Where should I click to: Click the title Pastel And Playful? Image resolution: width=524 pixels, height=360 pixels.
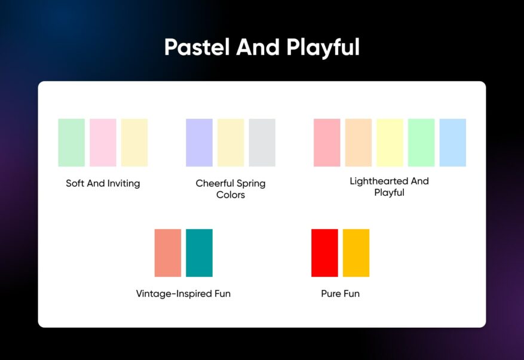(262, 47)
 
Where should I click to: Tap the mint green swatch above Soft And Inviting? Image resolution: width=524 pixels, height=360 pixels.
(71, 143)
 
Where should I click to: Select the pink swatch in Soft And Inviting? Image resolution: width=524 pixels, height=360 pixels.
(103, 143)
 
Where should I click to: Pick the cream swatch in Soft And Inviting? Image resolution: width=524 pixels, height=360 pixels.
(134, 143)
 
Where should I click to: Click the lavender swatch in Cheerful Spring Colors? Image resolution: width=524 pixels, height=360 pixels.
(199, 143)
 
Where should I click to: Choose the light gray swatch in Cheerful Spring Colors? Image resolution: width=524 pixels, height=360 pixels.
(262, 143)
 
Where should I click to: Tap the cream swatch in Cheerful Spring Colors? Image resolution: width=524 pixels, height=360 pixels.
(231, 143)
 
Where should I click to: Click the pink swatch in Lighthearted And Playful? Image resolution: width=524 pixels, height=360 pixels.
(327, 143)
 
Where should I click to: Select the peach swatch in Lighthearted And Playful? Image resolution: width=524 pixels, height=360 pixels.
(358, 143)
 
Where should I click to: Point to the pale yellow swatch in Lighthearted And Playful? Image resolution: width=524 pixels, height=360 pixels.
(390, 143)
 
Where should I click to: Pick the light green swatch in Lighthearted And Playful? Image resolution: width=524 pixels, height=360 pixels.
(421, 143)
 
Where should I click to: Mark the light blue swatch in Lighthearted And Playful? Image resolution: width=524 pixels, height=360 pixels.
(452, 143)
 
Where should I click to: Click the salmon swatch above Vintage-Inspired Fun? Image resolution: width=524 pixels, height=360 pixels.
(168, 253)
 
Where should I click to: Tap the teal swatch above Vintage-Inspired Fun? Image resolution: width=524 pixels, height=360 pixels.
(199, 253)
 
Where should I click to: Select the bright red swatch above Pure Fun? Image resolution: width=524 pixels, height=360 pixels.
(324, 253)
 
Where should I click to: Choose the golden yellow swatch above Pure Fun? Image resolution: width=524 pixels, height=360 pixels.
(356, 253)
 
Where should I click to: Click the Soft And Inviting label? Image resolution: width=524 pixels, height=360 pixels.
(103, 183)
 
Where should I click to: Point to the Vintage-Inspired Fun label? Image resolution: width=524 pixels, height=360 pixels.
(183, 294)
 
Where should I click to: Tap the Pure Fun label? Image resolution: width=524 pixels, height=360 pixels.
(340, 294)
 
